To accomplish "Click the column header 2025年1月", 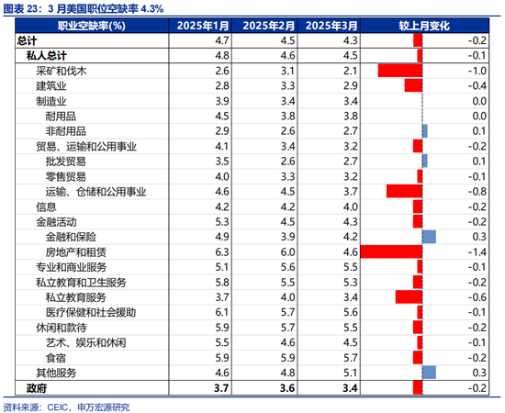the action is tap(203, 26).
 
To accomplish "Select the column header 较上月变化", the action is tap(424, 26).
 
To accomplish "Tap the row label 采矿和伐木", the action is tap(62, 71).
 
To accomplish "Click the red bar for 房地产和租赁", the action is tap(391, 251).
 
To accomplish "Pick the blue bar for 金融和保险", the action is tap(430, 237).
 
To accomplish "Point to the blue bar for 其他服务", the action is tap(430, 373).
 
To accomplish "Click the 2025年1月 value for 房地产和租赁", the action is tap(222, 252).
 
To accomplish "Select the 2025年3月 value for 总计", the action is tap(351, 40).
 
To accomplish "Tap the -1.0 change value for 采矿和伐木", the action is tap(477, 71).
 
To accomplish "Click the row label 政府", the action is tap(37, 388).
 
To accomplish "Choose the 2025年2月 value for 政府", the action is tap(287, 388).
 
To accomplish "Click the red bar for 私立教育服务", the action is tap(409, 297).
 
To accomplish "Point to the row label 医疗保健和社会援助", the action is tap(91, 312).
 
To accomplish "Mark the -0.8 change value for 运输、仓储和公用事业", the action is tap(477, 192).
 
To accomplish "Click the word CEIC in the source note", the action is tap(58, 407).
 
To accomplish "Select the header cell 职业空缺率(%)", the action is tap(92, 26).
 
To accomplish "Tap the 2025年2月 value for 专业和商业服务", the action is tap(287, 267).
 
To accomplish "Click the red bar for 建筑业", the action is tap(413, 85).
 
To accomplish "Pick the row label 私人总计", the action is tap(47, 56).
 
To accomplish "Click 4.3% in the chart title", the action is tap(152, 8).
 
